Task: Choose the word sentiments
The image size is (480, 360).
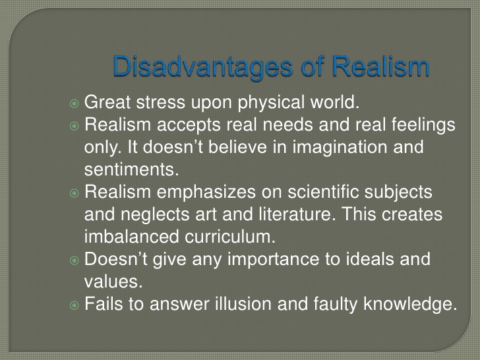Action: pyautogui.click(x=131, y=169)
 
